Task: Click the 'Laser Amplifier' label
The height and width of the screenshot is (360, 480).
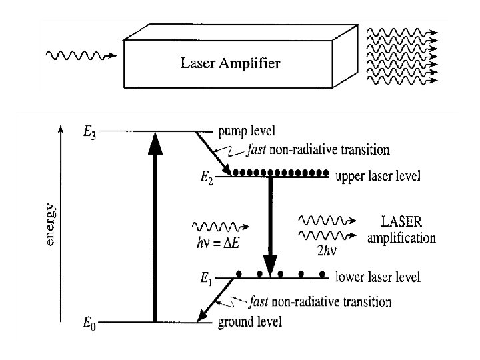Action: click(231, 64)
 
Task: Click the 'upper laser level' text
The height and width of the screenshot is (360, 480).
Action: click(377, 177)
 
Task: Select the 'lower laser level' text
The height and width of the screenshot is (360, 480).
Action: click(377, 277)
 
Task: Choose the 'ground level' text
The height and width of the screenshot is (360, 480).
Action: click(250, 323)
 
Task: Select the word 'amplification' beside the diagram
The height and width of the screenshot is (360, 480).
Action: click(401, 237)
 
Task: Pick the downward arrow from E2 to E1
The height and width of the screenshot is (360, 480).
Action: click(270, 227)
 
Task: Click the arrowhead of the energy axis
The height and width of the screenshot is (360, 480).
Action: click(62, 127)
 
